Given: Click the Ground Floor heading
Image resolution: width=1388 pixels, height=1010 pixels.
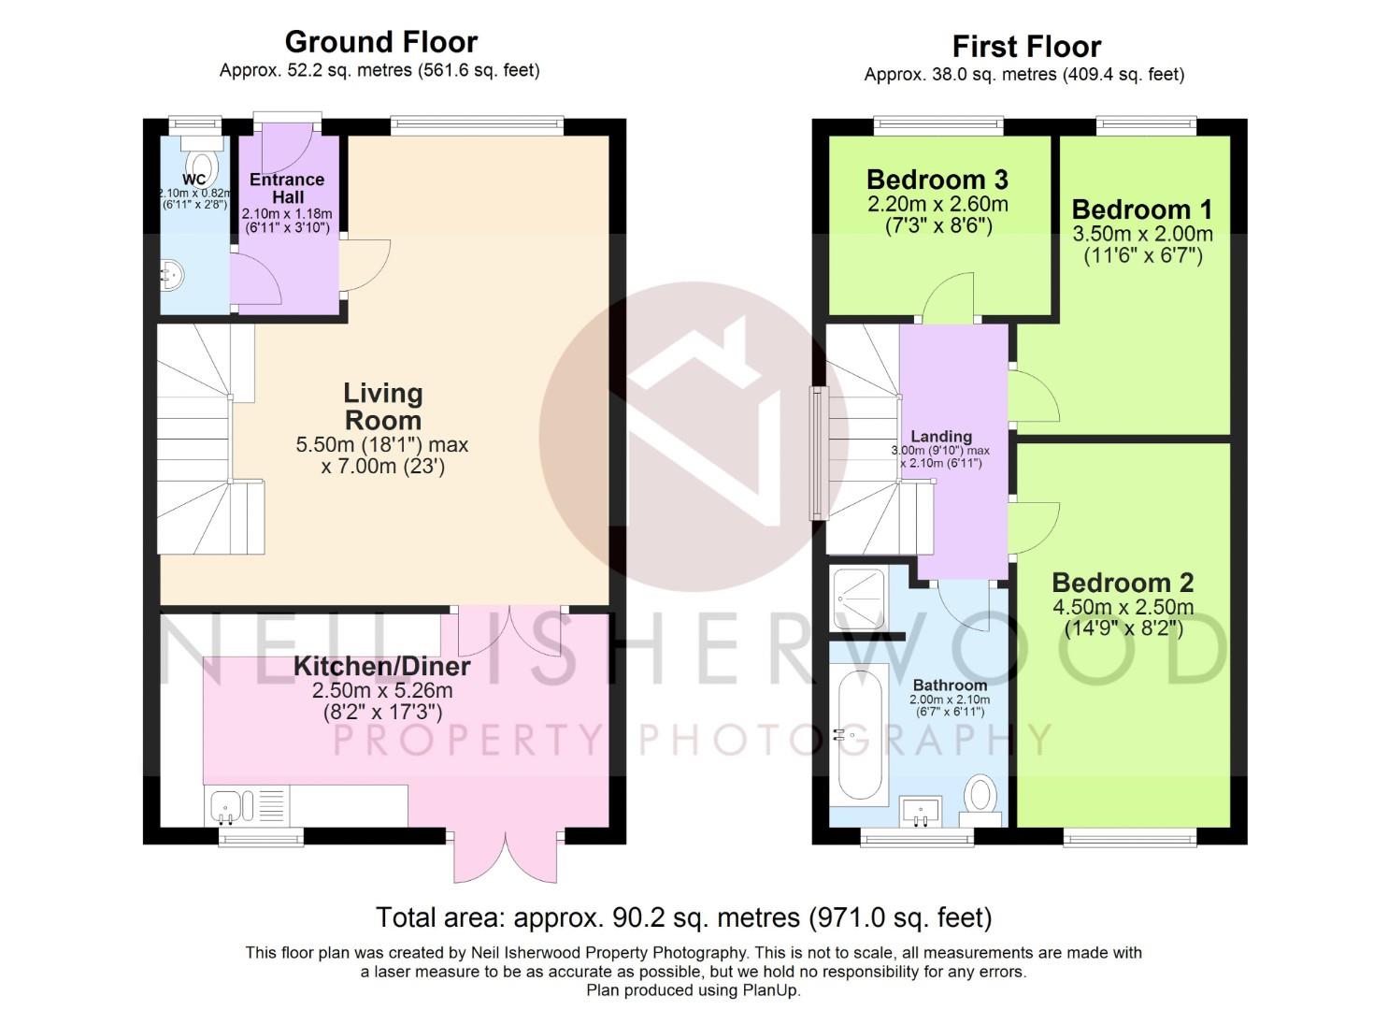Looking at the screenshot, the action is (381, 42).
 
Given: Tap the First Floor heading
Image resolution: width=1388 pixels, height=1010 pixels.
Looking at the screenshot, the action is (1027, 47).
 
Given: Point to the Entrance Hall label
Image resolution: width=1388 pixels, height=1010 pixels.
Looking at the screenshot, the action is (288, 189).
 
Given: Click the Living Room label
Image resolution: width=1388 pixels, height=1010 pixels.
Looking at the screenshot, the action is (383, 407).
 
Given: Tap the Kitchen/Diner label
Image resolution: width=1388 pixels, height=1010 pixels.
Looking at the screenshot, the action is (381, 667).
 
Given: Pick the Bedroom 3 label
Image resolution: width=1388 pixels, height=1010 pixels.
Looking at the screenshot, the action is (937, 180).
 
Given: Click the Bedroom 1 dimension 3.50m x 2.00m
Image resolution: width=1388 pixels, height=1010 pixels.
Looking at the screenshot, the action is (1142, 234).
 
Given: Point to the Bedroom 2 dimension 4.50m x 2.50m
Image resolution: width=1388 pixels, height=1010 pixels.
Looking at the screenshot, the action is (1123, 607).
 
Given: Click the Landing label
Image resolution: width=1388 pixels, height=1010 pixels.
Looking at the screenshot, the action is (941, 437).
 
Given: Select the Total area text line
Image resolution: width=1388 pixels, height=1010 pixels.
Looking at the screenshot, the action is (684, 917).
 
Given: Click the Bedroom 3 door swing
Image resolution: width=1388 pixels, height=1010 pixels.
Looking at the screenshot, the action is (948, 297).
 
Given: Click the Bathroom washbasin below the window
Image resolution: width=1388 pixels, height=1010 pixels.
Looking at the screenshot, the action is (920, 812).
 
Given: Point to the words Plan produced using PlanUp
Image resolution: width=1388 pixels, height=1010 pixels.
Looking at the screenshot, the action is (694, 990).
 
